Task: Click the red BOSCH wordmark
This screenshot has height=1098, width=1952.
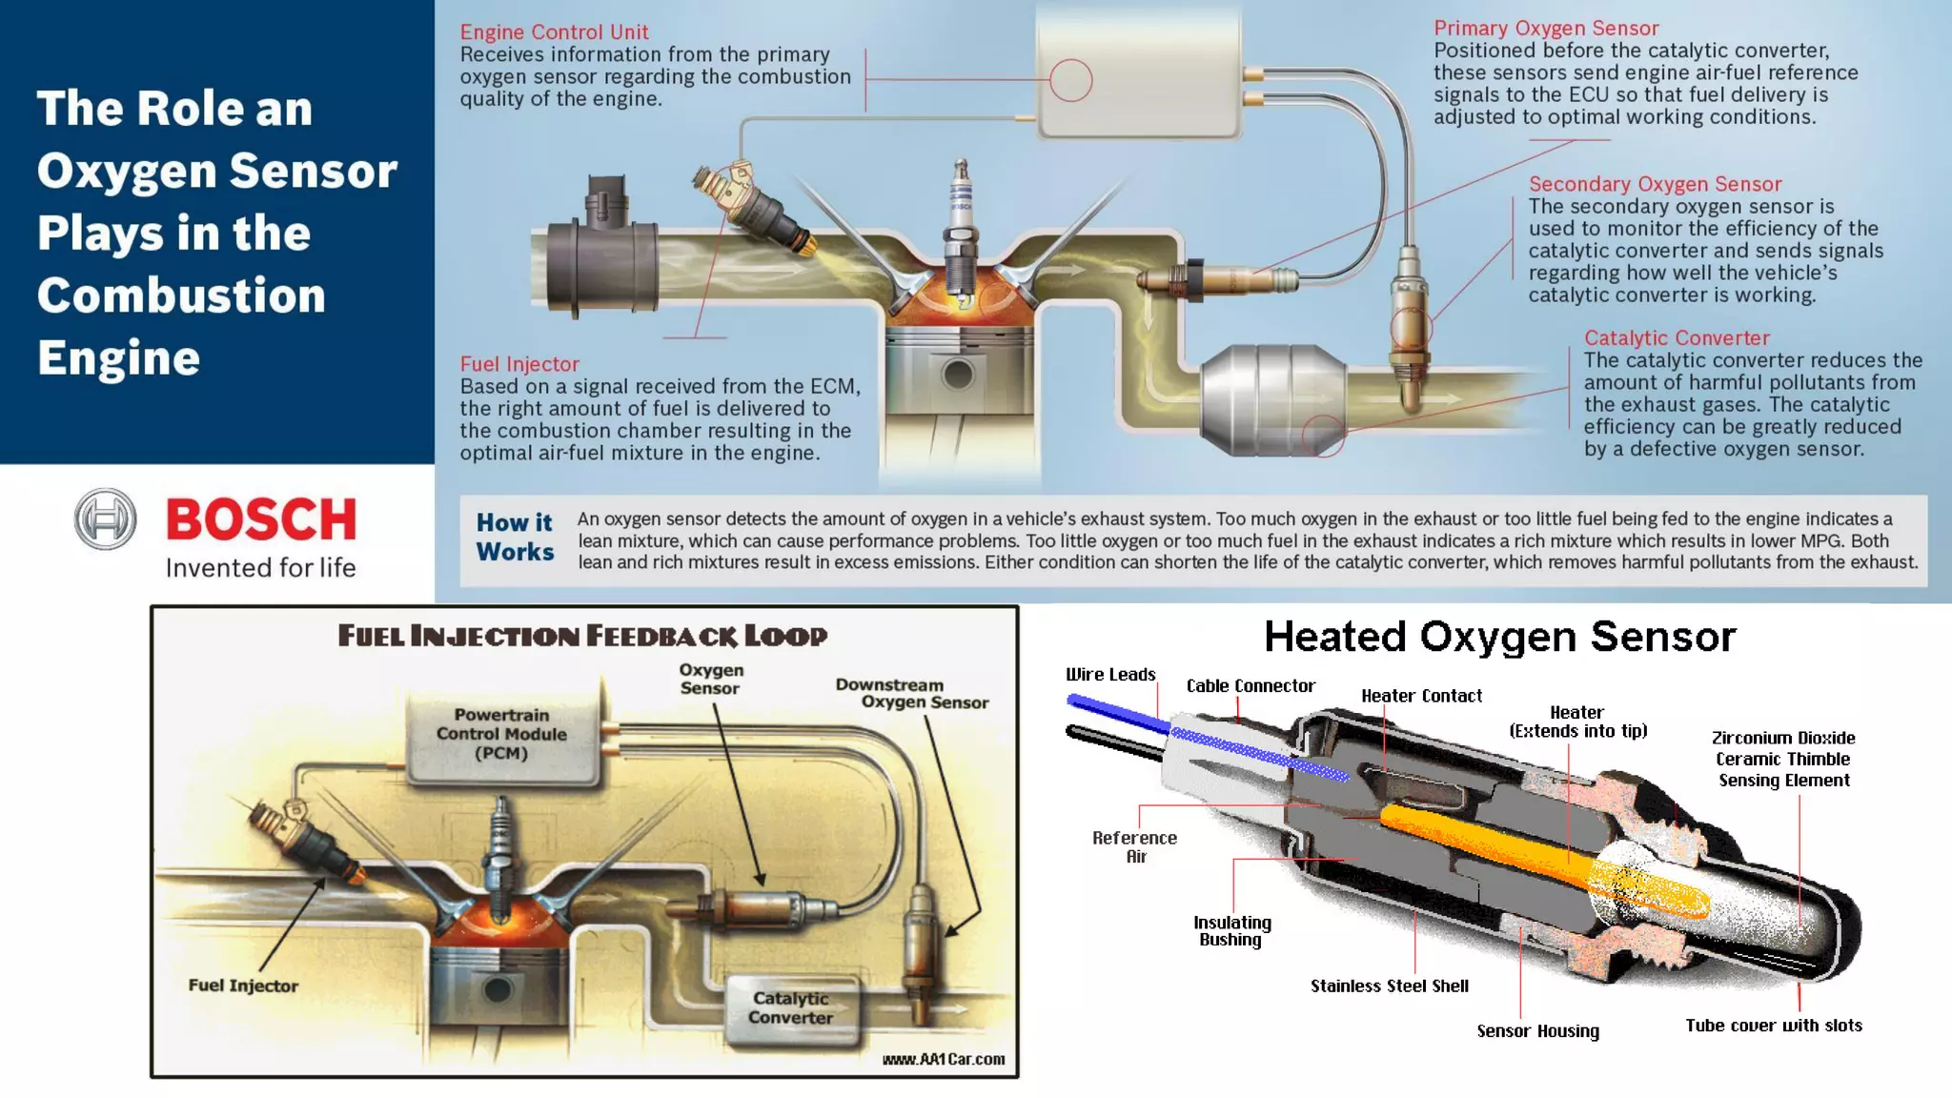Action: pyautogui.click(x=261, y=519)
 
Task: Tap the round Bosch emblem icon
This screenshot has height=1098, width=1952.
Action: pyautogui.click(x=106, y=519)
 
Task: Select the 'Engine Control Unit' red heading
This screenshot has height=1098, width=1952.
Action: pyautogui.click(x=554, y=32)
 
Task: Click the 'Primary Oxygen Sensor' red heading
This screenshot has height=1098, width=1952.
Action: pyautogui.click(x=1546, y=29)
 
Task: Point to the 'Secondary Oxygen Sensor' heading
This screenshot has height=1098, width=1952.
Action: pyautogui.click(x=1655, y=184)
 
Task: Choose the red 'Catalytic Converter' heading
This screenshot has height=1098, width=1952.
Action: pyautogui.click(x=1677, y=338)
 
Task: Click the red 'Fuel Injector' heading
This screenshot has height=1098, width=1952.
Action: pyautogui.click(x=519, y=364)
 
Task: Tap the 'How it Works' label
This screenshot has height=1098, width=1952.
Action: pyautogui.click(x=515, y=538)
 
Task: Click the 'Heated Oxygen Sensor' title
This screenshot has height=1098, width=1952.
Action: pyautogui.click(x=1500, y=637)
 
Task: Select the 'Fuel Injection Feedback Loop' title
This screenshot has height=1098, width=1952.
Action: pyautogui.click(x=582, y=636)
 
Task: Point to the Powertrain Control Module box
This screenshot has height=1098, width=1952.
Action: pyautogui.click(x=502, y=736)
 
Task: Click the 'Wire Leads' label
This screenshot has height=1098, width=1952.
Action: pyautogui.click(x=1110, y=675)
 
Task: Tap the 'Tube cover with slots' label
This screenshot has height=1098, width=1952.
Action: pyautogui.click(x=1773, y=1026)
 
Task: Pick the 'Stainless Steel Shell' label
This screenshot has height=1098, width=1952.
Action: pyautogui.click(x=1389, y=986)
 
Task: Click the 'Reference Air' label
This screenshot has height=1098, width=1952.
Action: pyautogui.click(x=1134, y=846)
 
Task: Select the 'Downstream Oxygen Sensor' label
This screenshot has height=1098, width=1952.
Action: pyautogui.click(x=911, y=694)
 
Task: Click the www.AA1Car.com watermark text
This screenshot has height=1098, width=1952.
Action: pyautogui.click(x=943, y=1059)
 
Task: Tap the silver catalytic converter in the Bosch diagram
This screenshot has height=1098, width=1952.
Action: pyautogui.click(x=1272, y=399)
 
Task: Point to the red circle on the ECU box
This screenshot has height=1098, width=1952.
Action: pyautogui.click(x=1070, y=80)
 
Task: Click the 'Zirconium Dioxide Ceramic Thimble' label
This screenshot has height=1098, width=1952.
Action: pyautogui.click(x=1782, y=759)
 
